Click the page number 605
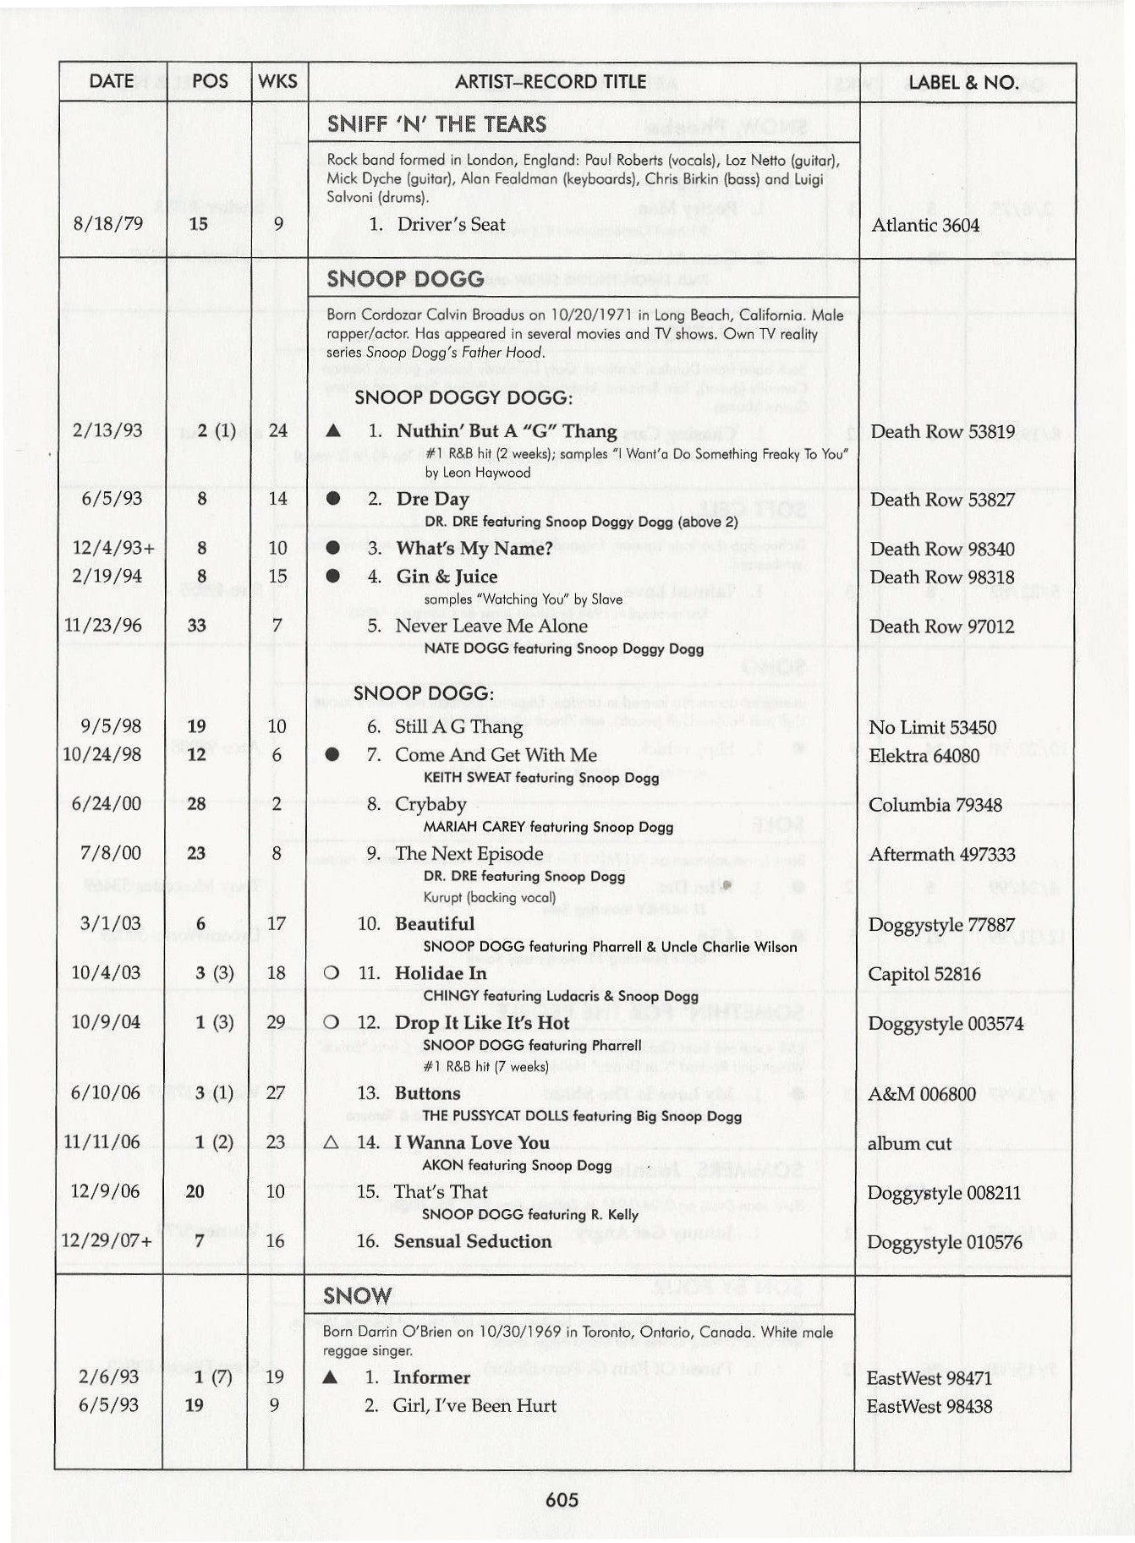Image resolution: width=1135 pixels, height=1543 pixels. (562, 1500)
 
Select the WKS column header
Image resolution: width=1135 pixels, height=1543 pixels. (277, 81)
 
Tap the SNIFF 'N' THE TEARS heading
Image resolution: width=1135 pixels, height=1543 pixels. (436, 124)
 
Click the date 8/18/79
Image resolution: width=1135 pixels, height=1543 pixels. (107, 224)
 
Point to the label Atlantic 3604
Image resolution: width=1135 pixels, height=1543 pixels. (924, 225)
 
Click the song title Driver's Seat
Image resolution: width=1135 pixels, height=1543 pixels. (451, 224)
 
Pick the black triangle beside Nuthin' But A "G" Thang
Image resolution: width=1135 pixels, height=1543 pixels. (333, 431)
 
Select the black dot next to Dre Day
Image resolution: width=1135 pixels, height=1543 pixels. (333, 499)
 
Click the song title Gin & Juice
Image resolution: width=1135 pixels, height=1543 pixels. (447, 577)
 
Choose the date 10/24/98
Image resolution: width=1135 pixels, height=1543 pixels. (101, 754)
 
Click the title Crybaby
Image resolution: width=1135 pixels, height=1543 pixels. (430, 804)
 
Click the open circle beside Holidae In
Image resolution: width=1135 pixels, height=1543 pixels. (332, 973)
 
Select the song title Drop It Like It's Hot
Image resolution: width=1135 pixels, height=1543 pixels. (482, 1023)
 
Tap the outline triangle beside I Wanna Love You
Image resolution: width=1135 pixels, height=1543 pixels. (331, 1143)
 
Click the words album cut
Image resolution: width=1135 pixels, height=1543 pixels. (909, 1144)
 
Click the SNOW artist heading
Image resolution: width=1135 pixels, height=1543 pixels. (357, 1296)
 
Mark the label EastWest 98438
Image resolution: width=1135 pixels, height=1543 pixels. (929, 1406)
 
